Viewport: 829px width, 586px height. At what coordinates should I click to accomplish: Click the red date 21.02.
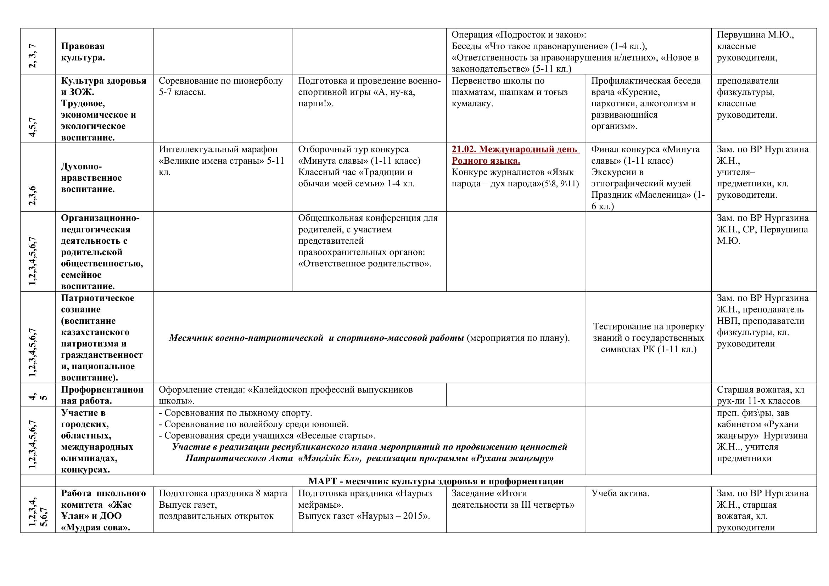[x=464, y=150]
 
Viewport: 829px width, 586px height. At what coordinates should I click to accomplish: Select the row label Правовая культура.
[x=83, y=52]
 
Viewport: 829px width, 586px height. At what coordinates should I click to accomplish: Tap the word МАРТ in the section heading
[x=323, y=481]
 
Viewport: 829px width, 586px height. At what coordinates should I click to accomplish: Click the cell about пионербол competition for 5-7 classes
[x=220, y=86]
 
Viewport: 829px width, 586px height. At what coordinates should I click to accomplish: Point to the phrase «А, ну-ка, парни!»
[x=357, y=98]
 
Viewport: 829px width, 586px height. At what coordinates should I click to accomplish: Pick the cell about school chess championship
[x=509, y=92]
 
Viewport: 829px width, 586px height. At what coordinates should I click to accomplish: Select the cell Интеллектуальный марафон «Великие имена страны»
[x=221, y=160]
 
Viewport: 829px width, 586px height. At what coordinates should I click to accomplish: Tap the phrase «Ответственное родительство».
[x=365, y=263]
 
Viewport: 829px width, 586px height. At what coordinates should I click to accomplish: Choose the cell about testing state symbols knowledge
[x=649, y=338]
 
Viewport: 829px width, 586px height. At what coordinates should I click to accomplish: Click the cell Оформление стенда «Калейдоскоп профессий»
[x=285, y=395]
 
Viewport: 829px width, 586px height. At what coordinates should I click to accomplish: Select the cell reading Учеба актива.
[x=620, y=493]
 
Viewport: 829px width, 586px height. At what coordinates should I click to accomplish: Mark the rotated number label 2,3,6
[x=33, y=195]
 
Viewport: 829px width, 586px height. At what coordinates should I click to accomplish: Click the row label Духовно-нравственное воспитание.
[x=91, y=178]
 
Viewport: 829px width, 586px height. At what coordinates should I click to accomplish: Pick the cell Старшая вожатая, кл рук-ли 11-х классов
[x=760, y=395]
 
